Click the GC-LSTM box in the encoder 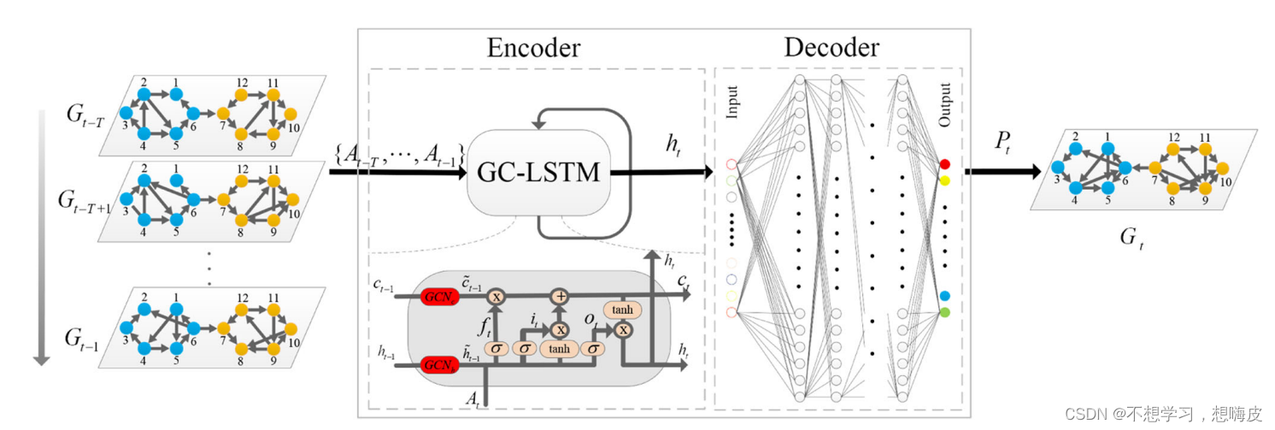pyautogui.click(x=535, y=173)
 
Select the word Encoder pyautogui.click(x=533, y=48)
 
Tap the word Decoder pyautogui.click(x=831, y=48)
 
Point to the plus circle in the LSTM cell pyautogui.click(x=560, y=296)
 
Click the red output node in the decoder pyautogui.click(x=944, y=163)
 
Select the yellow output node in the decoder pyautogui.click(x=944, y=181)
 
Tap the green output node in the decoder pyautogui.click(x=944, y=313)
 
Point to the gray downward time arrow pyautogui.click(x=38, y=239)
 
